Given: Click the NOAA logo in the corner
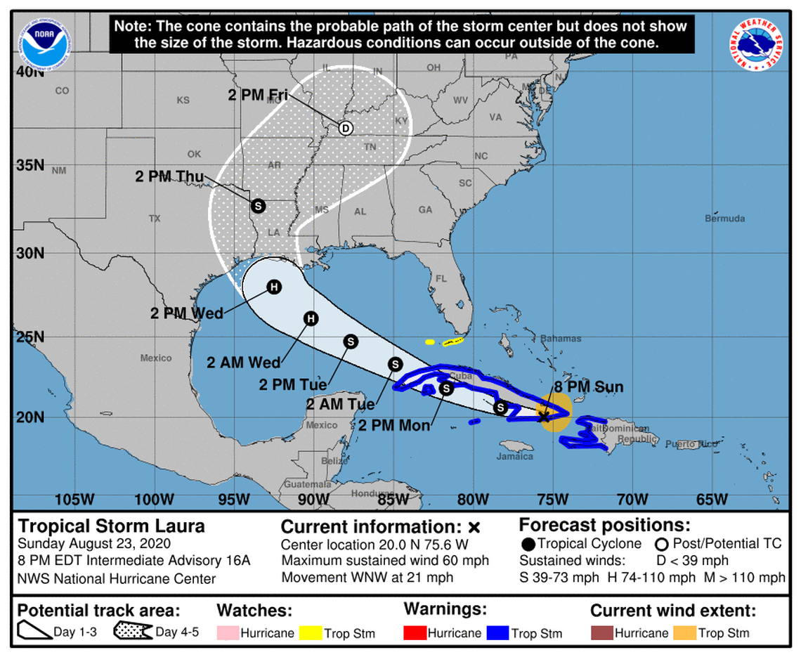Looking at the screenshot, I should pyautogui.click(x=44, y=43).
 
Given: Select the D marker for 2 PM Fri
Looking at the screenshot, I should pyautogui.click(x=345, y=128).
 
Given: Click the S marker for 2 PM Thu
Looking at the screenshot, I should pyautogui.click(x=258, y=206).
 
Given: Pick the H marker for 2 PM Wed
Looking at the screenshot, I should pyautogui.click(x=273, y=287).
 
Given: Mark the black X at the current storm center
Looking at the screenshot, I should pyautogui.click(x=543, y=417).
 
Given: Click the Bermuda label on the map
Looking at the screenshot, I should pyautogui.click(x=724, y=219).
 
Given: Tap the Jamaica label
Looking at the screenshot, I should pyautogui.click(x=515, y=456).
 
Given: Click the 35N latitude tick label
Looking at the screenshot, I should pyautogui.click(x=30, y=166).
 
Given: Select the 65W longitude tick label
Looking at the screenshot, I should pyautogui.click(x=711, y=500).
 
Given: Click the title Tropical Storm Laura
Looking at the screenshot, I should pyautogui.click(x=112, y=526).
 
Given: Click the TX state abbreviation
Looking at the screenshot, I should pyautogui.click(x=155, y=219).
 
